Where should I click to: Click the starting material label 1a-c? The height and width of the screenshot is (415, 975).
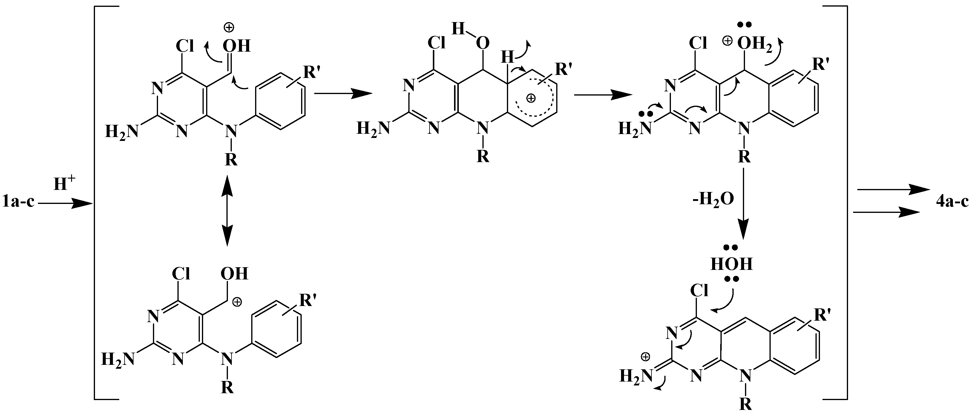[18, 202]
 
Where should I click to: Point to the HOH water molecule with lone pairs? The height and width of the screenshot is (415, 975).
[731, 264]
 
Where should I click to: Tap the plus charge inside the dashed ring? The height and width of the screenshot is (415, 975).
[531, 98]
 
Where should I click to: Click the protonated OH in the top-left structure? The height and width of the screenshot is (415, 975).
[237, 46]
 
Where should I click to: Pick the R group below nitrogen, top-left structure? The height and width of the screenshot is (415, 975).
[231, 160]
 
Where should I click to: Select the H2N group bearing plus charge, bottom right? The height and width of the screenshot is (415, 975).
[635, 376]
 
